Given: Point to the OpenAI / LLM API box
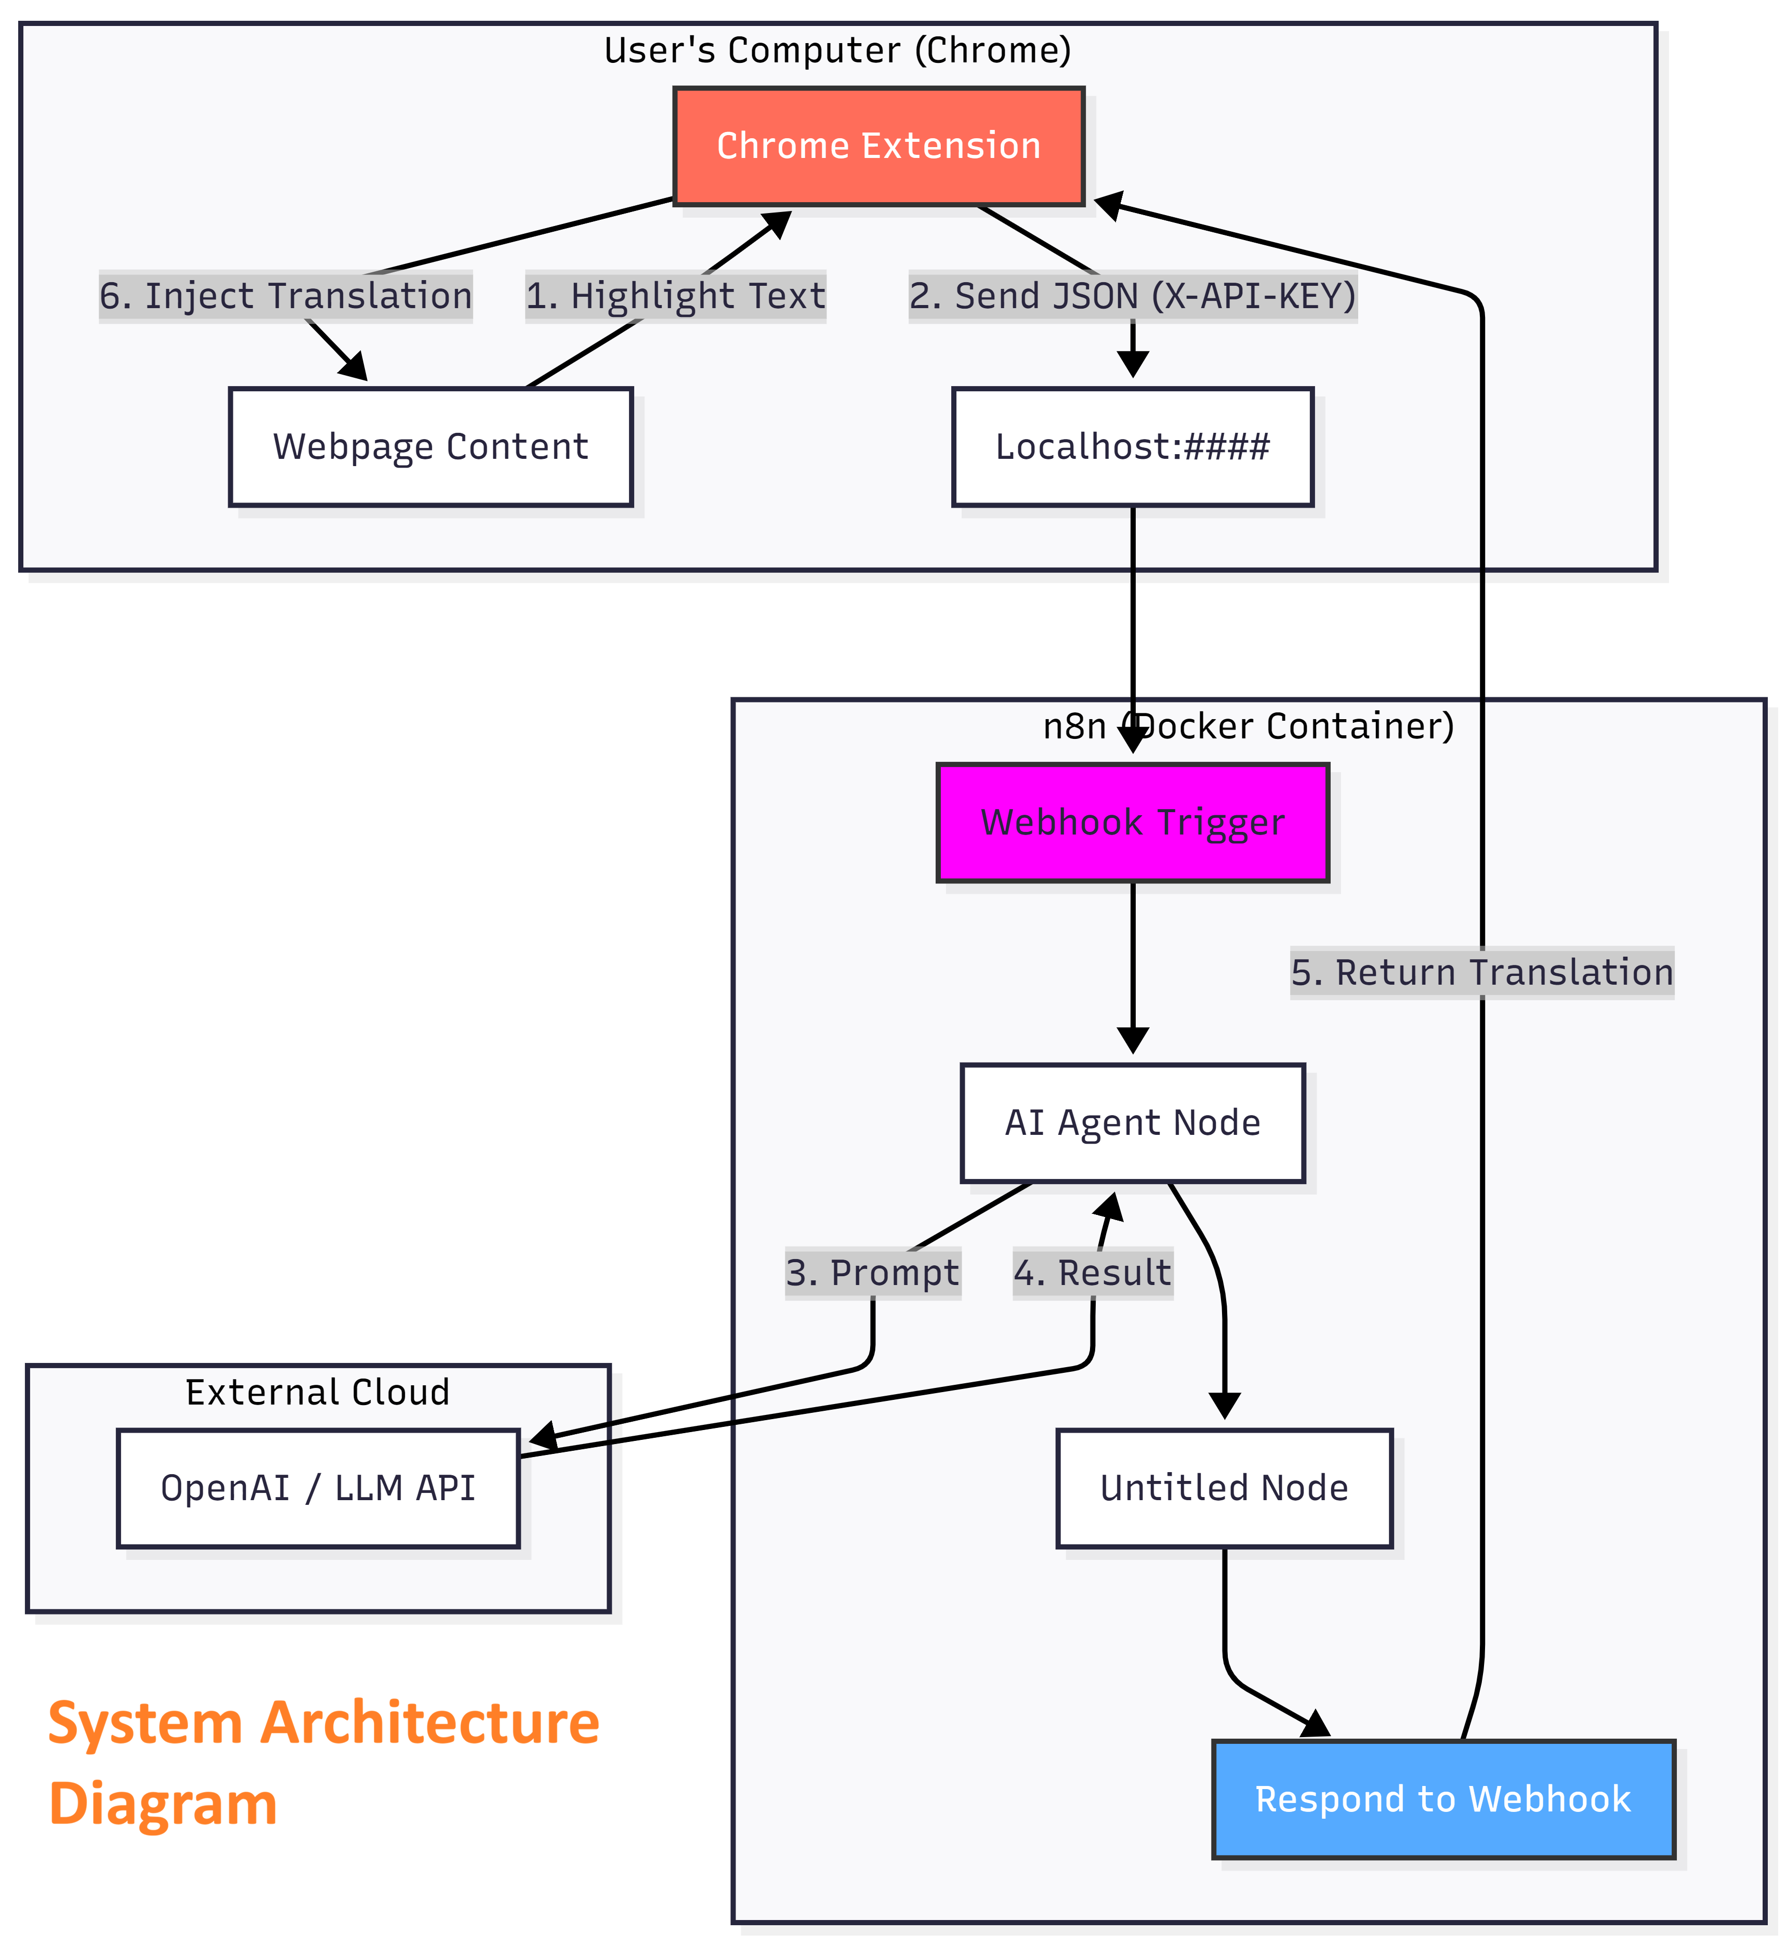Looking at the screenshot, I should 318,1489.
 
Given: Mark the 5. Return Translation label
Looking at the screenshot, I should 1481,973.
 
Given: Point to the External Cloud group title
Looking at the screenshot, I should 318,1393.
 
